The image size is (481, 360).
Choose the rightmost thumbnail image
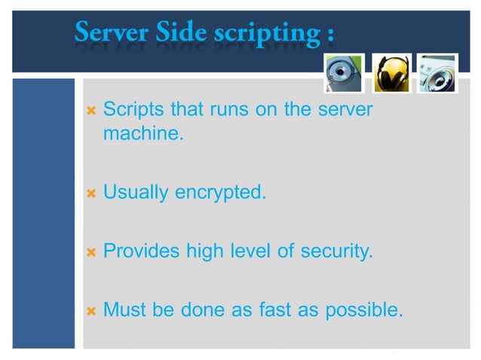[437, 72]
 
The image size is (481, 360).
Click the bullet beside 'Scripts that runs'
[91, 110]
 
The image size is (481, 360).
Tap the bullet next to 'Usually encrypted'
[91, 194]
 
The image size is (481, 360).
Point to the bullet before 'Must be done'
[91, 310]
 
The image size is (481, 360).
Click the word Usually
[136, 194]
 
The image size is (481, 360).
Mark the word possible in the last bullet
[364, 310]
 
